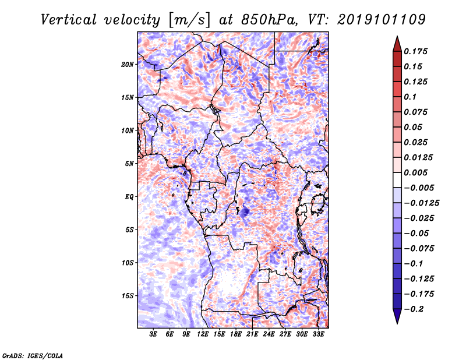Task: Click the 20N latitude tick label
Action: (128, 65)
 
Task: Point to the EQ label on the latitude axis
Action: (129, 197)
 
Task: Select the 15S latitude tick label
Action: (128, 296)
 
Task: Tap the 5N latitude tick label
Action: (129, 164)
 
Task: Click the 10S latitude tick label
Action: (128, 263)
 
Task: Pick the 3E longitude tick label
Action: (153, 334)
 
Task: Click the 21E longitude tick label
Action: (252, 334)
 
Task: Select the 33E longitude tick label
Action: (318, 334)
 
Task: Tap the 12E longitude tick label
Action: (202, 334)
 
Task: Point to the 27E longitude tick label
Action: (285, 334)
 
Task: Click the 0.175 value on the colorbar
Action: (415, 51)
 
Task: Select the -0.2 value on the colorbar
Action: (414, 309)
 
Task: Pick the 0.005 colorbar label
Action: (415, 172)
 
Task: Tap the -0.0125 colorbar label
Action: (421, 203)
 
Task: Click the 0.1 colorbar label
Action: (410, 97)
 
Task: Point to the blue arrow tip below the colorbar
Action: (397, 323)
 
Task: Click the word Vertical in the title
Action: (68, 20)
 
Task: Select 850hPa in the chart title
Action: (269, 20)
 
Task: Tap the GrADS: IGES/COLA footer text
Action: (33, 355)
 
